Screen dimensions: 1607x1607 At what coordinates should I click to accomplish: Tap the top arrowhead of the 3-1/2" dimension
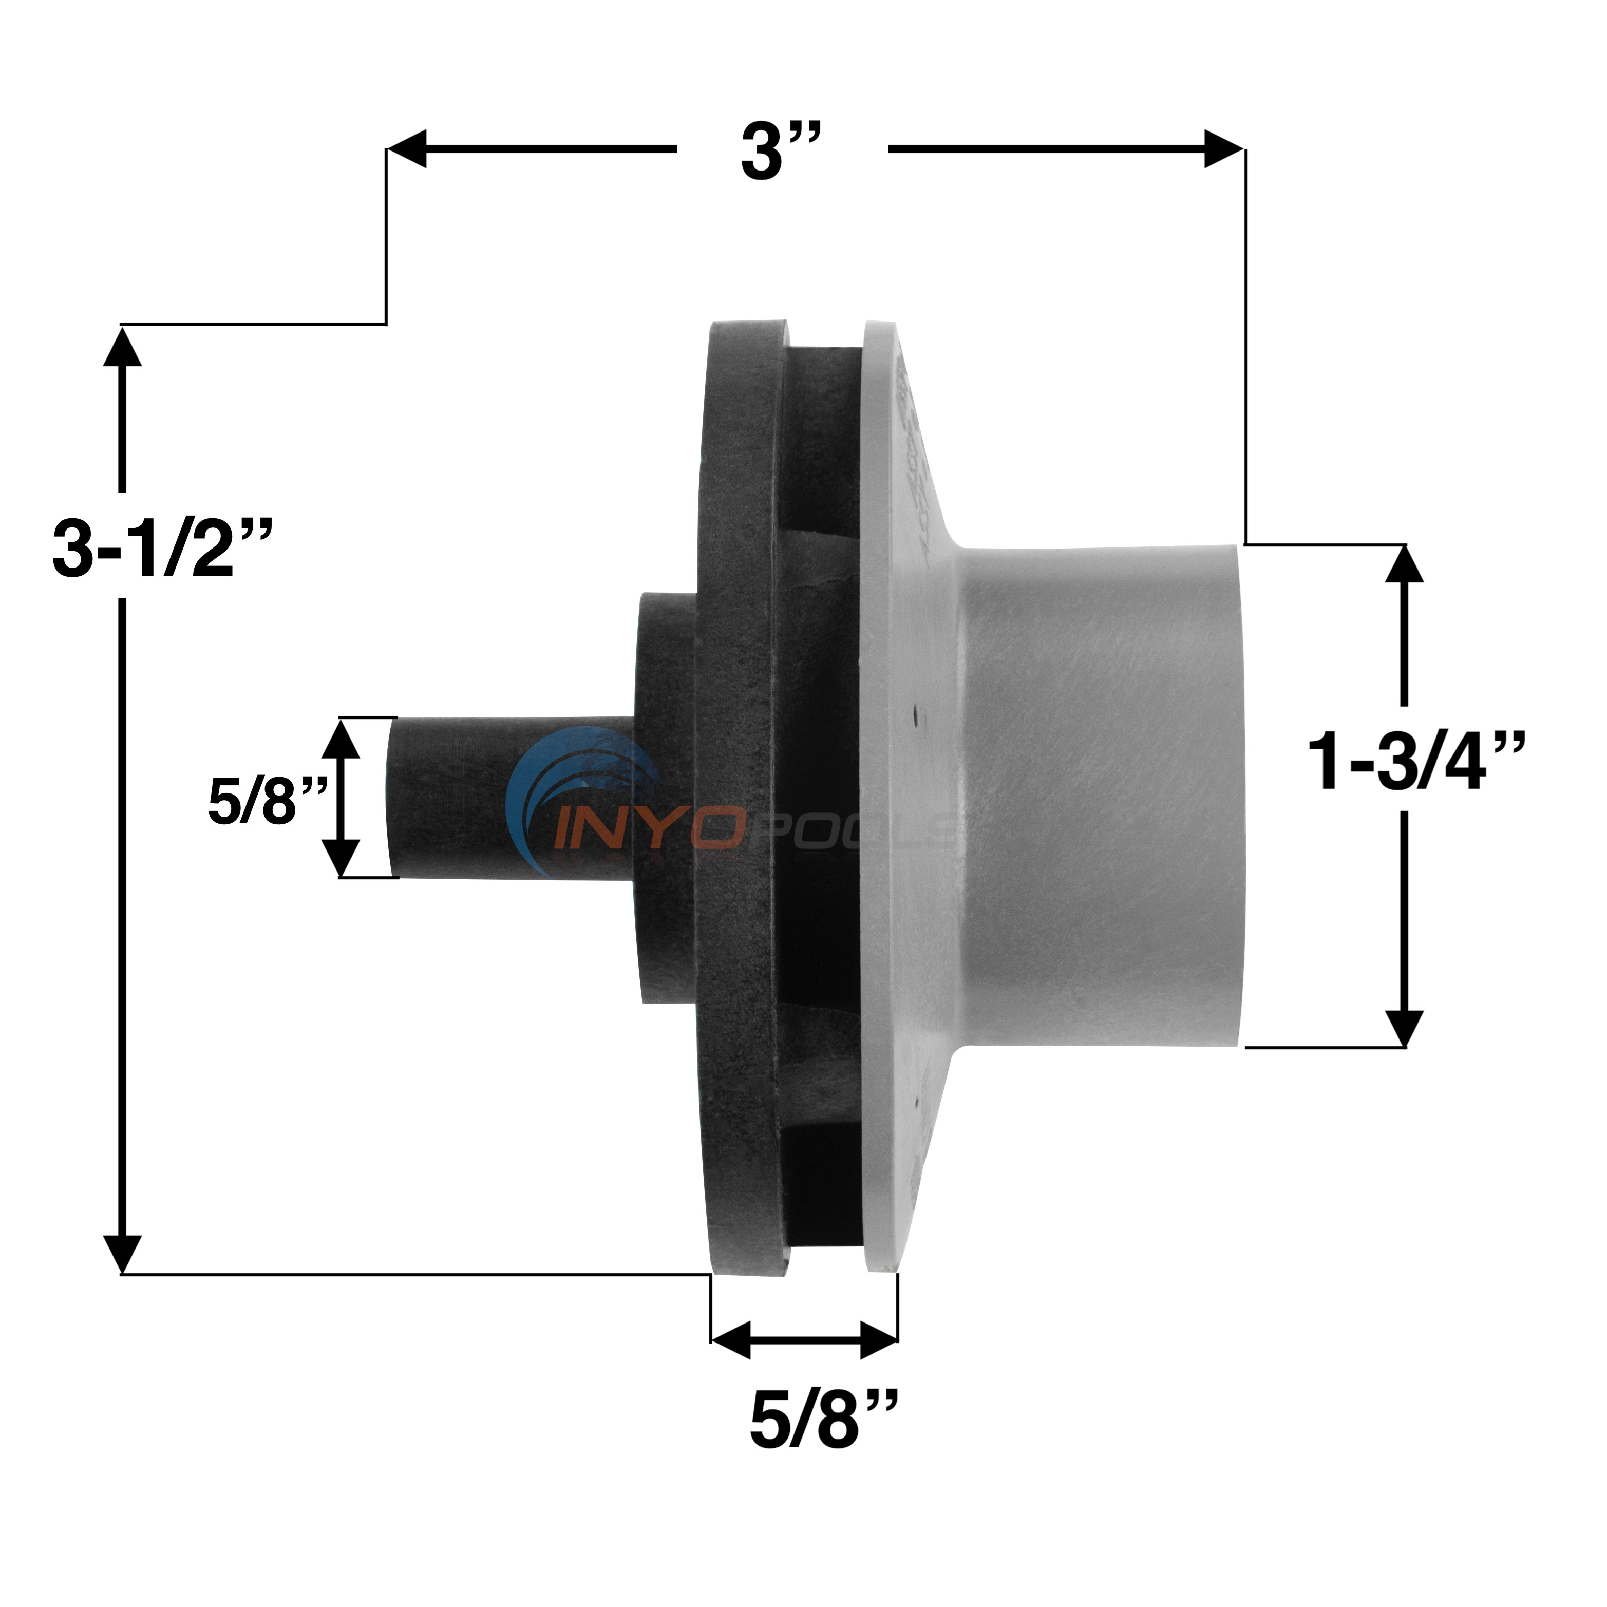click(x=122, y=348)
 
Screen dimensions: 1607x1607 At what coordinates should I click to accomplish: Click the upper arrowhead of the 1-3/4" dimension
click(x=1404, y=565)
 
